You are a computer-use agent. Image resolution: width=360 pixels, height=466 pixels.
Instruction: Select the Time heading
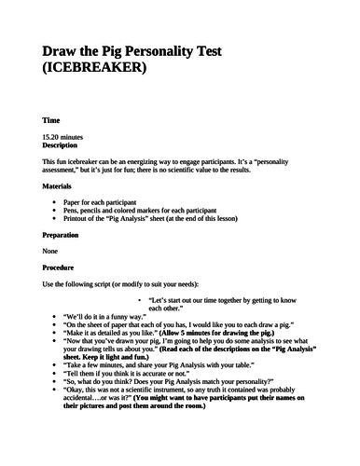pyautogui.click(x=51, y=121)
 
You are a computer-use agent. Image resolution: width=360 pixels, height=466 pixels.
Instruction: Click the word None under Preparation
pyautogui.click(x=52, y=252)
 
